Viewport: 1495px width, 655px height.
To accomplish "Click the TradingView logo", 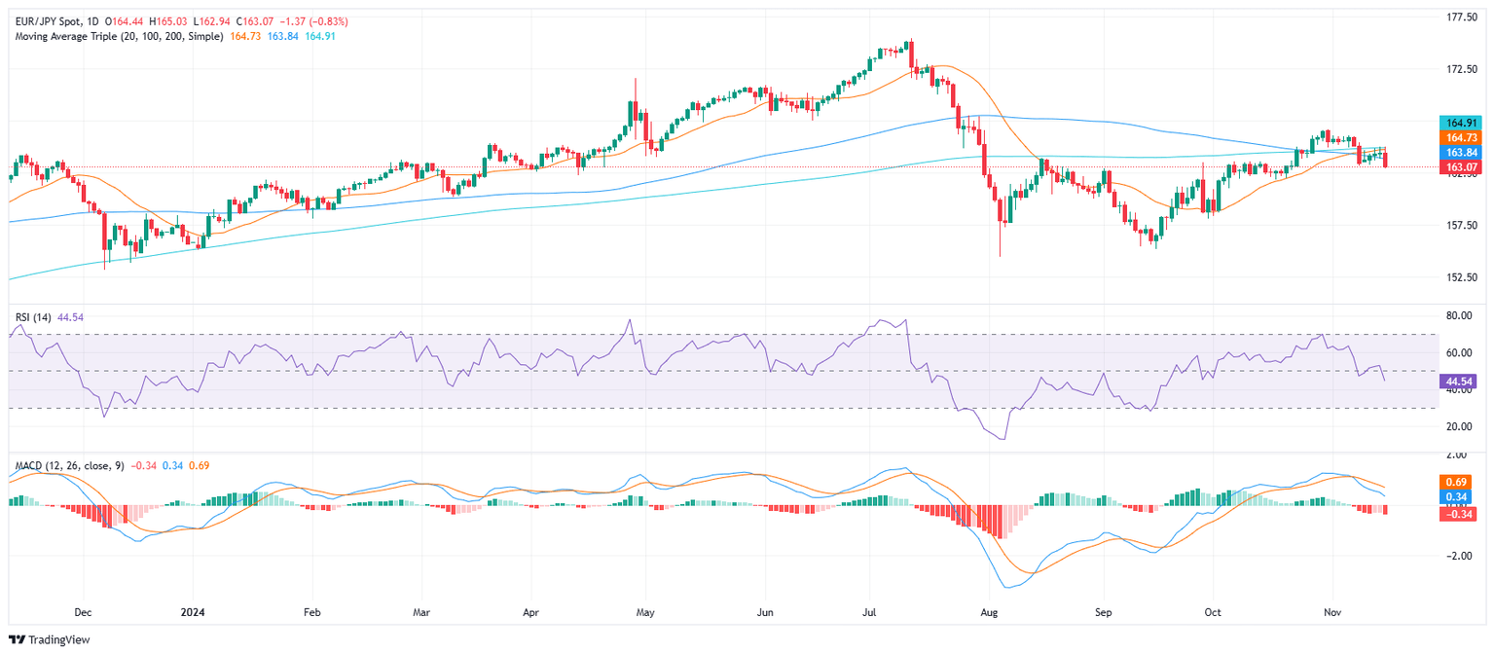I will pos(37,639).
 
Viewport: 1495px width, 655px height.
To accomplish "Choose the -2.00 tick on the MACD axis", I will pos(1456,557).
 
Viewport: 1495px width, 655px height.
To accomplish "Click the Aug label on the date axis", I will pos(990,614).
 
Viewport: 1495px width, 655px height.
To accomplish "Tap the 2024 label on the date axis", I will pos(193,614).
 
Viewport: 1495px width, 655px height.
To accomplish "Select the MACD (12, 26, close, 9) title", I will pos(66,465).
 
